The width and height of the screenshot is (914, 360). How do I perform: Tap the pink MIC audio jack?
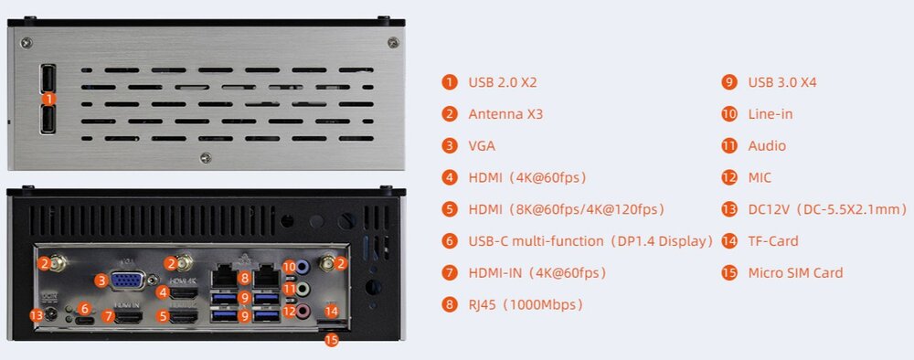[302, 312]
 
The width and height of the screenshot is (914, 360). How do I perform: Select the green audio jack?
[302, 289]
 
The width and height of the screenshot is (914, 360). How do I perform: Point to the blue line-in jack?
[302, 267]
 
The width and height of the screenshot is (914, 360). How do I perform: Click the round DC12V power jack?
[52, 315]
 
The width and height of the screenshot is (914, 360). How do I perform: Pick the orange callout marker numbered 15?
[331, 340]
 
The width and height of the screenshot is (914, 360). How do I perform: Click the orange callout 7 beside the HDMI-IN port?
[108, 317]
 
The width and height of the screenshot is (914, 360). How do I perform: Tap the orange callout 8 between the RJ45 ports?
[245, 279]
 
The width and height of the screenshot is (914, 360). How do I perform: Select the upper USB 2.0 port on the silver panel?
[48, 77]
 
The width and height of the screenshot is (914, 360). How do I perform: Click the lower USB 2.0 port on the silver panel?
[48, 120]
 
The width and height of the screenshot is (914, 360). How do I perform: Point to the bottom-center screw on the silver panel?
[205, 158]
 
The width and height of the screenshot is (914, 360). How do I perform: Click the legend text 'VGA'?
[482, 145]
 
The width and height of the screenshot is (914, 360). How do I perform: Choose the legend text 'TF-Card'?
[773, 241]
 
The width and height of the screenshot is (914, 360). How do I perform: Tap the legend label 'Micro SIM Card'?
[795, 272]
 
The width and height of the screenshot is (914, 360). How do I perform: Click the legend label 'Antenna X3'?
[505, 114]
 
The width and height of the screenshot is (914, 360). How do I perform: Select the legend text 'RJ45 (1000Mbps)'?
[526, 304]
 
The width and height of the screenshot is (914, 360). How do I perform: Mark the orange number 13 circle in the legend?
[728, 209]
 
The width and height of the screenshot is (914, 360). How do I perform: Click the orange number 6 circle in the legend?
[449, 241]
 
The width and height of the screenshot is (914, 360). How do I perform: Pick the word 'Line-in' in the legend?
[770, 114]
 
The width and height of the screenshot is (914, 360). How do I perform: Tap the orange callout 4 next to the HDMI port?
[163, 293]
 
